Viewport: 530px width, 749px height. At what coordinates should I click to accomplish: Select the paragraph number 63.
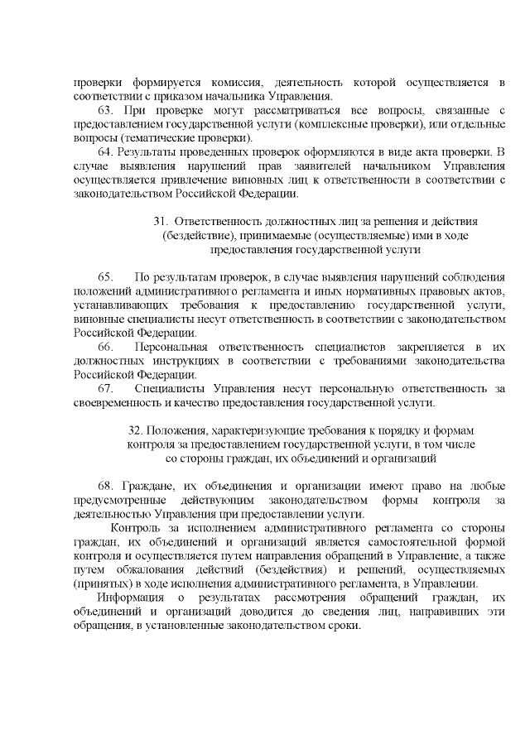coord(106,110)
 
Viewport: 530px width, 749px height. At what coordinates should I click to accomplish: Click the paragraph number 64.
coord(106,151)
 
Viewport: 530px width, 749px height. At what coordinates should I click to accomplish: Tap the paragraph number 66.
coord(106,346)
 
